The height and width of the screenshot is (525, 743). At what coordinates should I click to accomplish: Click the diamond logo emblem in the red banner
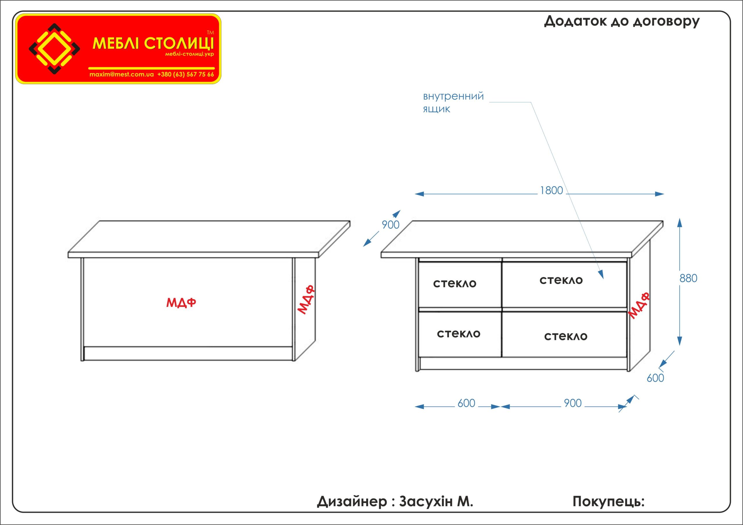pyautogui.click(x=54, y=49)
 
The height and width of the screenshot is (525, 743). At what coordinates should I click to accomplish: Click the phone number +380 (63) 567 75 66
pyautogui.click(x=185, y=74)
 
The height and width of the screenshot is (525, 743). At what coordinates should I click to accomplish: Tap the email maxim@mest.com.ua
pyautogui.click(x=121, y=74)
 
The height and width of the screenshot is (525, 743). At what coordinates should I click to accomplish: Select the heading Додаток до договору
pyautogui.click(x=622, y=21)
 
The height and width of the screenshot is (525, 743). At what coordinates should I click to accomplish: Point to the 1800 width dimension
pyautogui.click(x=551, y=191)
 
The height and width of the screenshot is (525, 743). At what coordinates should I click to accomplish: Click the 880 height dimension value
pyautogui.click(x=688, y=278)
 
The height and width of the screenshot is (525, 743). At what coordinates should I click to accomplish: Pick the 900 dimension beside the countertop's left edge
pyautogui.click(x=391, y=225)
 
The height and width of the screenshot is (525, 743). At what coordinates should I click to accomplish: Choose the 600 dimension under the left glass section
pyautogui.click(x=466, y=404)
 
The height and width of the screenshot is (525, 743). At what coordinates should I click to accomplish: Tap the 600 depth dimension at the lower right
pyautogui.click(x=655, y=378)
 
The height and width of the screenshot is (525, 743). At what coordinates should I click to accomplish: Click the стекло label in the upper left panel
pyautogui.click(x=455, y=284)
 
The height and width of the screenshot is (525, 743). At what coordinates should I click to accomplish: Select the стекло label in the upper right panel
pyautogui.click(x=561, y=280)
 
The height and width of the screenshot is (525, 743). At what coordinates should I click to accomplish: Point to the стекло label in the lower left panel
pyautogui.click(x=459, y=334)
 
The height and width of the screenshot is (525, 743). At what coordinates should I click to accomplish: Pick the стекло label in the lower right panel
pyautogui.click(x=566, y=337)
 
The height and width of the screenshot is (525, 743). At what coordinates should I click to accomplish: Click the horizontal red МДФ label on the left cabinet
pyautogui.click(x=181, y=303)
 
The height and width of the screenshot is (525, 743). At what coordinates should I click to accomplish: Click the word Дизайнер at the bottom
pyautogui.click(x=352, y=502)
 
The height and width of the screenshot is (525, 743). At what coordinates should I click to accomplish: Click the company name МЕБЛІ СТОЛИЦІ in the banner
pyautogui.click(x=153, y=43)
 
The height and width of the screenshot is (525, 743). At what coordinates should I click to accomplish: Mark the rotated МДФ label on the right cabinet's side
pyautogui.click(x=639, y=306)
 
